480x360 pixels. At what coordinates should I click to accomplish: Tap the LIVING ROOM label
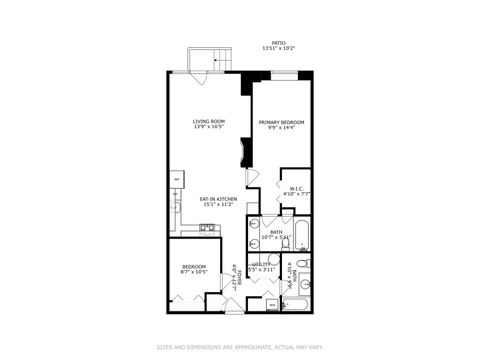pyautogui.click(x=207, y=122)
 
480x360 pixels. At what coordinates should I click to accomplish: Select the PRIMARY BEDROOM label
pyautogui.click(x=281, y=122)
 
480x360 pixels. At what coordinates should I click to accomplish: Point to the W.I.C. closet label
pyautogui.click(x=296, y=187)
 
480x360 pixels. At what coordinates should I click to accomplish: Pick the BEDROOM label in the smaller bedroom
pyautogui.click(x=193, y=265)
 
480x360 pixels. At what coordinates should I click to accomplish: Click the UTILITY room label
pyautogui.click(x=263, y=264)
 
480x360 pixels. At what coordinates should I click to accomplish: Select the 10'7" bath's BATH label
pyautogui.click(x=275, y=231)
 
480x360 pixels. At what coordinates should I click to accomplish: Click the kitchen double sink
pyautogui.click(x=208, y=228)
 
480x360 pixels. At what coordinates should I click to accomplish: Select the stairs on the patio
pyautogui.click(x=203, y=59)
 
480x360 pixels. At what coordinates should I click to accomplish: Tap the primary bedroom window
pyautogui.click(x=284, y=75)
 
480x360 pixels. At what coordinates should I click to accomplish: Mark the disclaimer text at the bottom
pyautogui.click(x=240, y=348)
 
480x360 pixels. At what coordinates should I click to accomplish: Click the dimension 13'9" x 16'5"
pyautogui.click(x=207, y=128)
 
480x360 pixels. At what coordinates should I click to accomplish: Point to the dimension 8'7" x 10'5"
pyautogui.click(x=193, y=271)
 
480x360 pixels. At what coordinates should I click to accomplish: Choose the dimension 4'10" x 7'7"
pyautogui.click(x=296, y=193)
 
